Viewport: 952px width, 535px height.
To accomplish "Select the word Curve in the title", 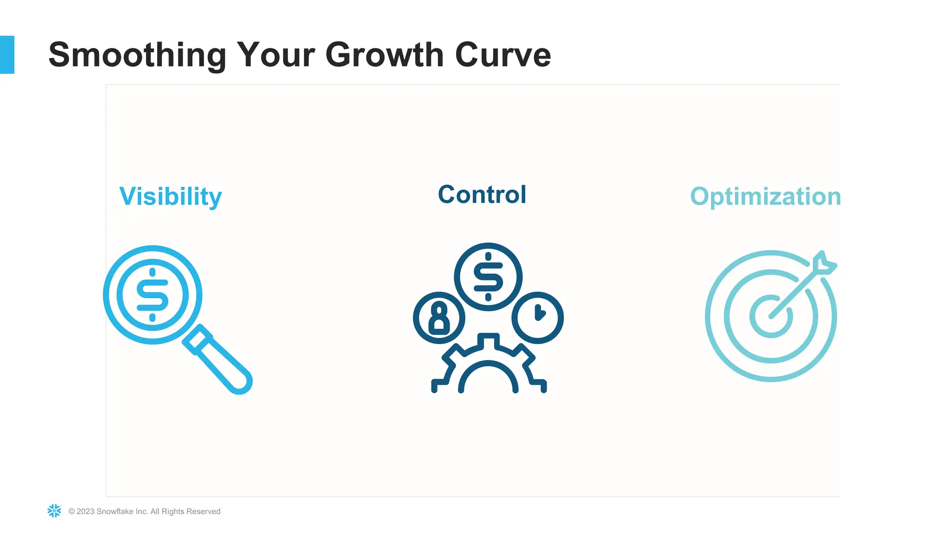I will click(503, 55).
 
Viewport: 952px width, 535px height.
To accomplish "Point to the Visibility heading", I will click(171, 196).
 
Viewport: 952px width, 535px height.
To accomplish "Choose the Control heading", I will click(482, 195).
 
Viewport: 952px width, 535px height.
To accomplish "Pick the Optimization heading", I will click(765, 196).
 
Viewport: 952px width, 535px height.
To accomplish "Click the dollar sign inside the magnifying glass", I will click(152, 295).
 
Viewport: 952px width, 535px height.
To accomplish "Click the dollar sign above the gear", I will click(488, 277).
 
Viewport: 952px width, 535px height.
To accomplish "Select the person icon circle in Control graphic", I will click(439, 318).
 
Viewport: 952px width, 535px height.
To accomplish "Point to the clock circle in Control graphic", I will click(537, 318).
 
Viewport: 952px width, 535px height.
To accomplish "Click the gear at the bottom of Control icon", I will click(488, 367).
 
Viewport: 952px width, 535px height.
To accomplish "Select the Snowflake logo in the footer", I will click(54, 511).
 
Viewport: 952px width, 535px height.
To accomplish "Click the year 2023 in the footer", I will click(86, 511).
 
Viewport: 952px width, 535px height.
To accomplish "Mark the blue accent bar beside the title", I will click(7, 55).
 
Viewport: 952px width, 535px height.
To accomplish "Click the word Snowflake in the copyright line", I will click(115, 511).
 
